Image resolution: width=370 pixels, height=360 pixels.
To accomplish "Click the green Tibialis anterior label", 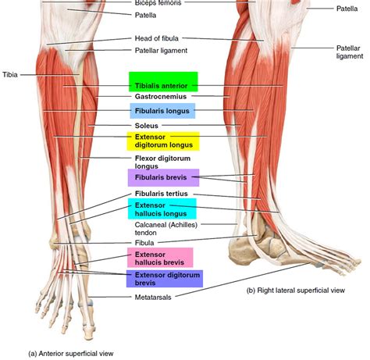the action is (163, 82).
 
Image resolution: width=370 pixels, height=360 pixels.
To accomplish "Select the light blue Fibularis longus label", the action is (162, 111).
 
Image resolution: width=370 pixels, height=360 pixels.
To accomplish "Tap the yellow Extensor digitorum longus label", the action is (163, 141).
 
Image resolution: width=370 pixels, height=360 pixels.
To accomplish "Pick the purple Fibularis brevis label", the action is (163, 177).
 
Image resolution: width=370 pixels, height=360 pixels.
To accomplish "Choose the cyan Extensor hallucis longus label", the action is (162, 209).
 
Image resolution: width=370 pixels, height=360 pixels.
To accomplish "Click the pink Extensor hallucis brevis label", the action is (160, 258).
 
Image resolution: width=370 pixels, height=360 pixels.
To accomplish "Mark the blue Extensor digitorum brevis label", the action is (165, 279).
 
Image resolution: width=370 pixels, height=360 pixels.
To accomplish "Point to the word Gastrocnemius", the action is (161, 97).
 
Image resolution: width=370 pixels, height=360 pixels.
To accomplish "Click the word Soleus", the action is (147, 126).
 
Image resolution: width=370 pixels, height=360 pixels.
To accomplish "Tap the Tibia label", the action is (10, 75).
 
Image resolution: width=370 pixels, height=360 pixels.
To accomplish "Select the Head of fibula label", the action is (157, 38).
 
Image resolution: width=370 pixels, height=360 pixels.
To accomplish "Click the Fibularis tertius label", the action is (162, 194).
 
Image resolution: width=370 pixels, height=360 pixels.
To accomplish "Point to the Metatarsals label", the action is (153, 298).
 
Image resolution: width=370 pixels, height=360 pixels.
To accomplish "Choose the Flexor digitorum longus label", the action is (162, 162).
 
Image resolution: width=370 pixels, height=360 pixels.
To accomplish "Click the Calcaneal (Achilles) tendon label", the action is (166, 229).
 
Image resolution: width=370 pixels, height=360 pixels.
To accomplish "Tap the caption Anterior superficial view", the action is (71, 354).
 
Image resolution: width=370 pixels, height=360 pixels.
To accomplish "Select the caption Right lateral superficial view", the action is (296, 290).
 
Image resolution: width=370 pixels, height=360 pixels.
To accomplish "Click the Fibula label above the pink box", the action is (144, 243).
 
